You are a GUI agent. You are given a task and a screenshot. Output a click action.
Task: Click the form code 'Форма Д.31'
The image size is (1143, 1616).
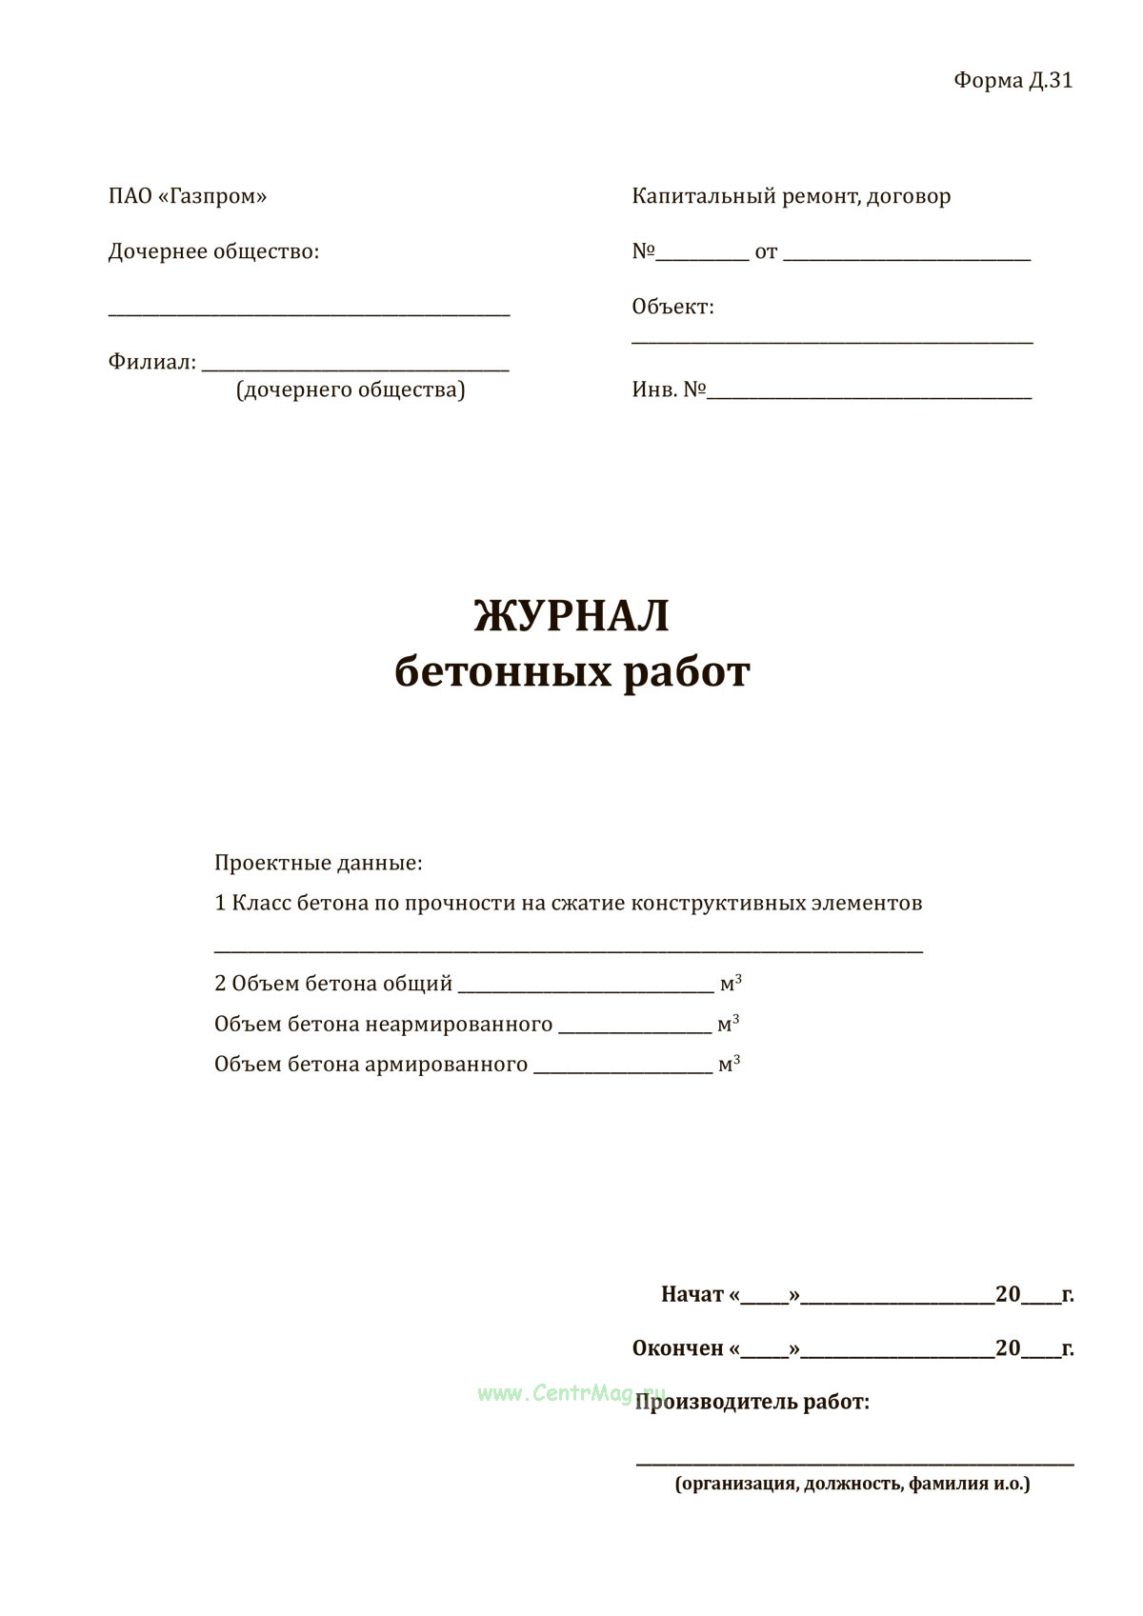(x=1013, y=81)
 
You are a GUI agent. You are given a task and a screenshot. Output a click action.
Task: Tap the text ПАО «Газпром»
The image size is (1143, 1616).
(x=188, y=197)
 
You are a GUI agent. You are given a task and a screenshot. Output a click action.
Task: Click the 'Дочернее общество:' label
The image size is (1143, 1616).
(x=213, y=252)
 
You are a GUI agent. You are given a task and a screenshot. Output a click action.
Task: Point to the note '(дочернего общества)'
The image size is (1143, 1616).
(x=351, y=390)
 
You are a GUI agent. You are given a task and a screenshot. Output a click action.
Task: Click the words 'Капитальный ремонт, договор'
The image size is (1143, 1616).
(x=791, y=197)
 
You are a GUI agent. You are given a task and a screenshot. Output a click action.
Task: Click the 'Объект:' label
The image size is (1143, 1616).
(x=672, y=308)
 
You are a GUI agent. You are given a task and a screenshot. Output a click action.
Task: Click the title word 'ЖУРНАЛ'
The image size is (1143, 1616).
(x=571, y=616)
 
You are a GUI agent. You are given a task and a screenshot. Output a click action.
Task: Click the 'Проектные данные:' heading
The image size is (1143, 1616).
(x=318, y=864)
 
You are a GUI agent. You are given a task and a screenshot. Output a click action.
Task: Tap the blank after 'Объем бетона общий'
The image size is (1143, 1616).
(x=586, y=988)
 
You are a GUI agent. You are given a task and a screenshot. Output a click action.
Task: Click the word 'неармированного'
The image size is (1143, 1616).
(x=459, y=1025)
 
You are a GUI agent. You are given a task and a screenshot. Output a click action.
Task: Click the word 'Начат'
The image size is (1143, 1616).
(x=692, y=1295)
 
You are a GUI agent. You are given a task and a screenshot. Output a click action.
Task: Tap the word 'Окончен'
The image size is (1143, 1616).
(x=678, y=1348)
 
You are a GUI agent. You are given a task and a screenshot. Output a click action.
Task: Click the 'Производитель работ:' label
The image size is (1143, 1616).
(x=752, y=1403)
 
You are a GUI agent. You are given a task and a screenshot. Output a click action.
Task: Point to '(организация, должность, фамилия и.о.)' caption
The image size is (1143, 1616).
(x=852, y=1484)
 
